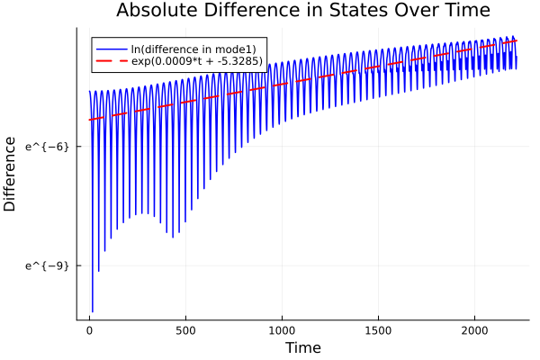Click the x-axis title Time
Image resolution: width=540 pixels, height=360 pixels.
click(302, 347)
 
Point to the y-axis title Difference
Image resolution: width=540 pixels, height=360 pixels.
click(10, 174)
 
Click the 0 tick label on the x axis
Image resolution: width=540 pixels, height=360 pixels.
click(89, 330)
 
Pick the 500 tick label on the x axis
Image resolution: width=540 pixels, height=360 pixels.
click(185, 330)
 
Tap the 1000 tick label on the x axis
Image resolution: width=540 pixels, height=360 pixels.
click(282, 330)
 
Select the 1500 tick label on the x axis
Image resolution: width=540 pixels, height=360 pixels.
click(378, 330)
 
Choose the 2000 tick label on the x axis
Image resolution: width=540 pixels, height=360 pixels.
click(474, 330)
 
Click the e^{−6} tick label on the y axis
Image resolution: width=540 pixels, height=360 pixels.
click(47, 146)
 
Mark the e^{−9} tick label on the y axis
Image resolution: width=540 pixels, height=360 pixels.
click(47, 265)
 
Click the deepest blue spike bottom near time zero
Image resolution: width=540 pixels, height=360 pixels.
click(92, 311)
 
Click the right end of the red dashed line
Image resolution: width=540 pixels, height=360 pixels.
click(517, 40)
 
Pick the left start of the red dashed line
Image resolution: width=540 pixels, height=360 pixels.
click(89, 120)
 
